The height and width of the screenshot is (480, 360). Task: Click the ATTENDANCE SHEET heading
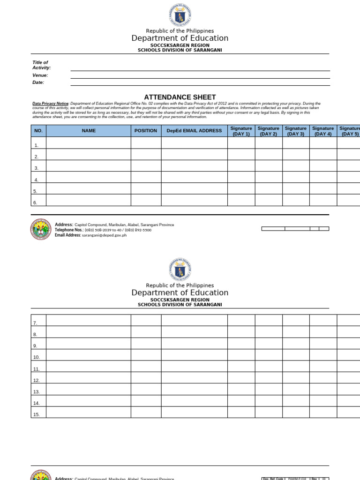click(x=180, y=97)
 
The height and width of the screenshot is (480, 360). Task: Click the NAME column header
click(x=89, y=131)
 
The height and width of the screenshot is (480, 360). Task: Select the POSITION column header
click(x=146, y=131)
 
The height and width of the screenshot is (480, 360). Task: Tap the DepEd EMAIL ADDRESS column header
click(x=194, y=131)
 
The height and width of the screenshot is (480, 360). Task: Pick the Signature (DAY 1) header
click(x=241, y=131)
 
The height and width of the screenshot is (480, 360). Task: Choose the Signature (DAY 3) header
click(x=296, y=131)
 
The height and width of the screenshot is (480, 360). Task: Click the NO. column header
click(x=38, y=131)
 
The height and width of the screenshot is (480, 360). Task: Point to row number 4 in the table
click(x=36, y=180)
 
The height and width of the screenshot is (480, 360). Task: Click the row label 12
click(x=37, y=381)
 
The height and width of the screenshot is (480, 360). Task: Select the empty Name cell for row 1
click(x=89, y=142)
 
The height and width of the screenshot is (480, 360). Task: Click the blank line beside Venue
click(x=200, y=77)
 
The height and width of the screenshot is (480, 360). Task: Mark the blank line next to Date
click(x=200, y=85)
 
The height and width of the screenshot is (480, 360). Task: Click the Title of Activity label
click(x=41, y=65)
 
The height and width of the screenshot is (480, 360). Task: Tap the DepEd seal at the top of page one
click(x=180, y=15)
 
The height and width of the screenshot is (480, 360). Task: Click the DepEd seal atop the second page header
click(x=180, y=270)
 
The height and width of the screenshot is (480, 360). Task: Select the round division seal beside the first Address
click(x=41, y=229)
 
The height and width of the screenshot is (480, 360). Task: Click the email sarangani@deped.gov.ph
click(x=104, y=235)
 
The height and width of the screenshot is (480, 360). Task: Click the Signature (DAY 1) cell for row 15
click(x=241, y=412)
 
